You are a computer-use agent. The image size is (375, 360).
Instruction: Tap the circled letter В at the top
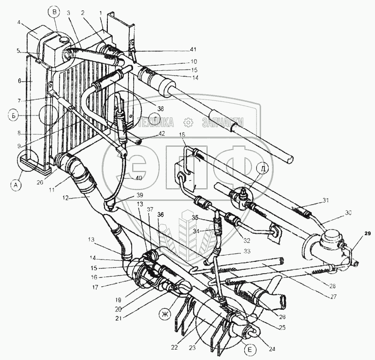coord(56,11)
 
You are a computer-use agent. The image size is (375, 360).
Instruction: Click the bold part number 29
coord(367,233)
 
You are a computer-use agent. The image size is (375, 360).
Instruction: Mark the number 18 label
coord(183,135)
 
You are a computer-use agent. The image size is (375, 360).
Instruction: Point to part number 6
coord(19,80)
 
